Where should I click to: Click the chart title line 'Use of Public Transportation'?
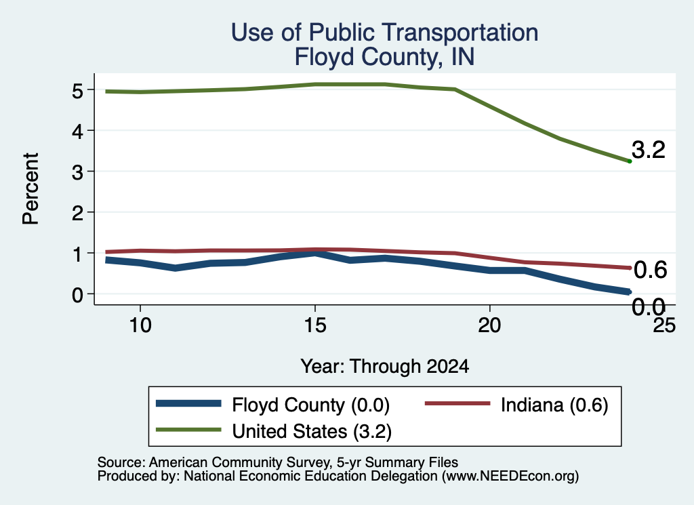[385, 33]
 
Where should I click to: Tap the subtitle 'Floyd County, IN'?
[385, 57]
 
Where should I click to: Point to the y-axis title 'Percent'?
[31, 188]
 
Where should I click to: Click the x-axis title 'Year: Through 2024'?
[385, 367]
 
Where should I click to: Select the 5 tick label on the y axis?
[77, 91]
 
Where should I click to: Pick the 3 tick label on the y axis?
[77, 172]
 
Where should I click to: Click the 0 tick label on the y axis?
[77, 295]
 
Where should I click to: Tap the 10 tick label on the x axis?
[140, 325]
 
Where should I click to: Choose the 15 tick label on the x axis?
[315, 325]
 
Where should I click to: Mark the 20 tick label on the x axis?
[489, 325]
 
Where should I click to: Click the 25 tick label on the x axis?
[664, 325]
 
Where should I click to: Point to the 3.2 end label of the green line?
[649, 150]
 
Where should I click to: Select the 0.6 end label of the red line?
[650, 270]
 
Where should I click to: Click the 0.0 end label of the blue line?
[649, 306]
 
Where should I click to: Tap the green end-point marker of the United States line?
[630, 161]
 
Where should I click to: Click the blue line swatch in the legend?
[188, 403]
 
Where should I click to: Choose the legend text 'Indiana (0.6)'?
[554, 405]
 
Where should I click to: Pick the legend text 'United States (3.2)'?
[312, 431]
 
